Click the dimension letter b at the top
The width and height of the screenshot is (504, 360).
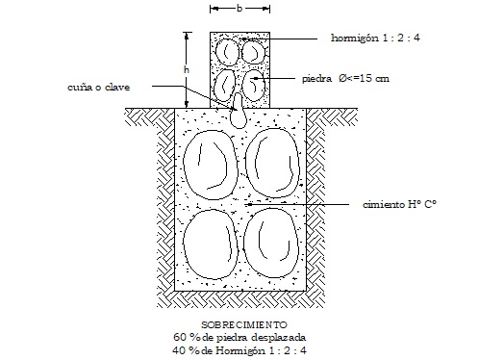[239, 7]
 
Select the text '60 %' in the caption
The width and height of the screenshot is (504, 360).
[184, 338]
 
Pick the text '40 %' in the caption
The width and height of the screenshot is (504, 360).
[182, 350]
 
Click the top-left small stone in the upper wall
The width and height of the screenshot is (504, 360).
[228, 50]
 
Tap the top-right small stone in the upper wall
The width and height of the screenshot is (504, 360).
[253, 50]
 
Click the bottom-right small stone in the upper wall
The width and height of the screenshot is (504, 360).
[254, 86]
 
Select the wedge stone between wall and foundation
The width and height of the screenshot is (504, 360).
[239, 112]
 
